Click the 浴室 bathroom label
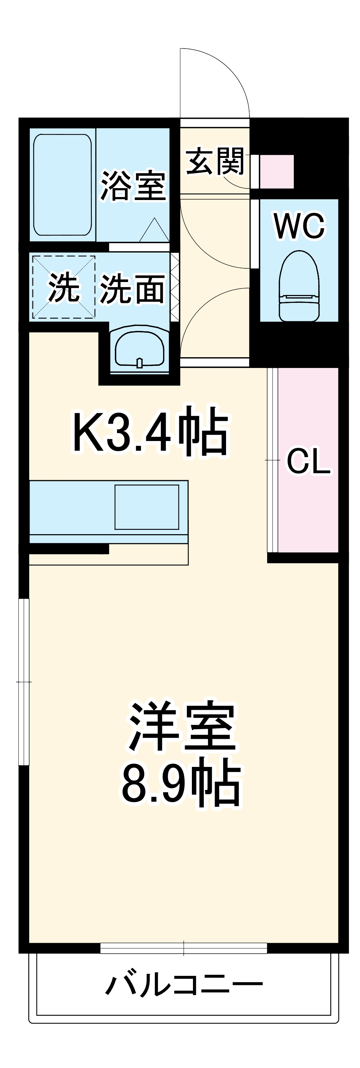[x=133, y=185]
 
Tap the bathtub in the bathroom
[x=63, y=185]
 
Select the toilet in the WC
[x=299, y=286]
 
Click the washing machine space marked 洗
[x=64, y=287]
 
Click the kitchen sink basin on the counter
[x=147, y=506]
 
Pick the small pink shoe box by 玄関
[x=276, y=171]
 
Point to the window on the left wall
[x=24, y=682]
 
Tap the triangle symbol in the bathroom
[x=154, y=231]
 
